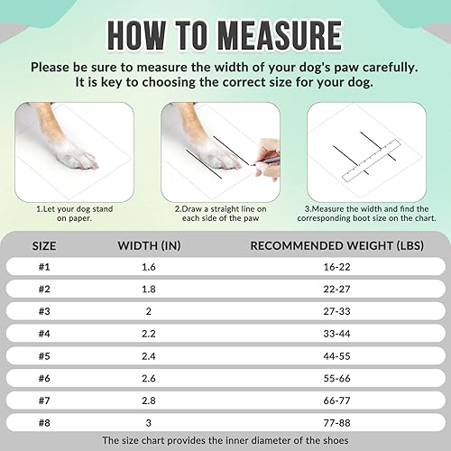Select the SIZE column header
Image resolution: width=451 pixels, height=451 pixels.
coord(45,244)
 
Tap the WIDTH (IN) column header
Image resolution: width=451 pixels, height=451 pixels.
coord(150,244)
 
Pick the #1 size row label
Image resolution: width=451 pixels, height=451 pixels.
coord(45,267)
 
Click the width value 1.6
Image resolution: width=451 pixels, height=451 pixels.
coord(150,267)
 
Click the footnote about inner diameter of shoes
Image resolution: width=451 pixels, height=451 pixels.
coord(225,440)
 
